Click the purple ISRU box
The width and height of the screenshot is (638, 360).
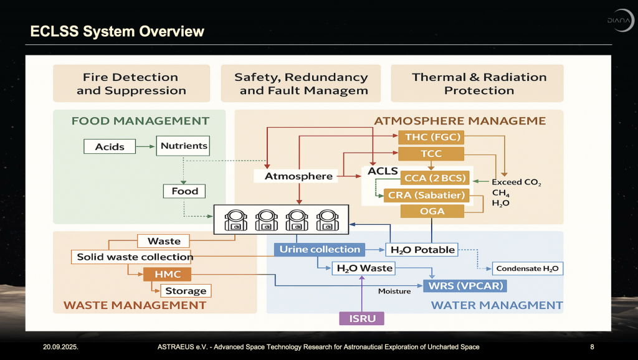pyautogui.click(x=361, y=318)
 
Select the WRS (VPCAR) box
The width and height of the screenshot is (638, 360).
pyautogui.click(x=465, y=286)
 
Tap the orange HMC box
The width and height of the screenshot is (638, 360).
pyautogui.click(x=167, y=275)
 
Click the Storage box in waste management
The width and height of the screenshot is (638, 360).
pyautogui.click(x=186, y=290)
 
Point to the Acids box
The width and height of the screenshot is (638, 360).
pyautogui.click(x=110, y=147)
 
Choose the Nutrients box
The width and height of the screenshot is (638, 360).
pyautogui.click(x=184, y=146)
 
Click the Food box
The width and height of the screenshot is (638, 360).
pyautogui.click(x=184, y=191)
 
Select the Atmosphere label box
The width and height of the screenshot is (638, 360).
pyautogui.click(x=298, y=176)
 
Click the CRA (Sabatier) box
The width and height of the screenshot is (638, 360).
pyautogui.click(x=426, y=195)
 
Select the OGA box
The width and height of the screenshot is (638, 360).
pyautogui.click(x=432, y=211)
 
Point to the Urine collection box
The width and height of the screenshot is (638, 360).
pyautogui.click(x=320, y=249)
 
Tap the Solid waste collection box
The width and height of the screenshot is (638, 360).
pyautogui.click(x=135, y=257)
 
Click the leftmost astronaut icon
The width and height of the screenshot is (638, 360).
pyautogui.click(x=236, y=220)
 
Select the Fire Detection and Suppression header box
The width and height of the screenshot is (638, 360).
pyautogui.click(x=131, y=83)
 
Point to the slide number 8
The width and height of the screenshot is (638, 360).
pyautogui.click(x=592, y=346)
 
